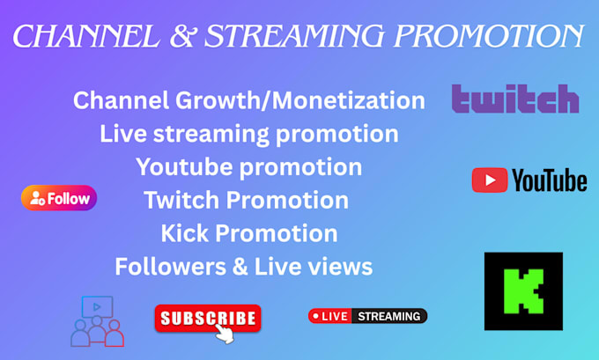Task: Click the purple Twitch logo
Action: point(515,99)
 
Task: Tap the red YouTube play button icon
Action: point(490,180)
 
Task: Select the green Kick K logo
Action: point(523,291)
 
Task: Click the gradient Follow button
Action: point(59,198)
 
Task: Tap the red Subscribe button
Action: point(208,318)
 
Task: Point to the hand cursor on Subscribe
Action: point(224,334)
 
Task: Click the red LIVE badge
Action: point(330,316)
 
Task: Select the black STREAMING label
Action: point(388,316)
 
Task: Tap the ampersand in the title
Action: point(182,36)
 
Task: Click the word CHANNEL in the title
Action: point(86,36)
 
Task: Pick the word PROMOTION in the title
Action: point(489,36)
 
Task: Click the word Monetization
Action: point(349,100)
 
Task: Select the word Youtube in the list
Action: point(184,167)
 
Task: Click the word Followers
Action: point(170,267)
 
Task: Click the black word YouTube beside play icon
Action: point(550,180)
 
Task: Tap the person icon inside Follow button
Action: point(37,198)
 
